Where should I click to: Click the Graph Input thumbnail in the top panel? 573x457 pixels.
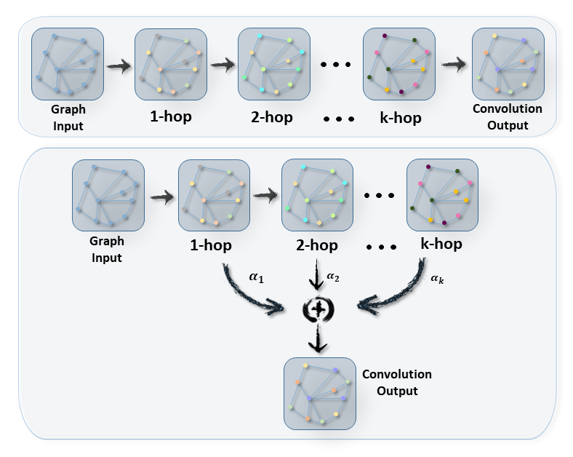point(68,64)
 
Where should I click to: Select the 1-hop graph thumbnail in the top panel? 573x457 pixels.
point(171,64)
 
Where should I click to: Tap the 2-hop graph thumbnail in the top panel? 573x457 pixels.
point(274,64)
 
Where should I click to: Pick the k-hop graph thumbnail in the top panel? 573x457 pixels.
point(399,64)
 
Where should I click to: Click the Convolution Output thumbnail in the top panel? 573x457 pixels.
point(508,64)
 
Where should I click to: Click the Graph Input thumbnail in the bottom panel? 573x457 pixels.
point(108,196)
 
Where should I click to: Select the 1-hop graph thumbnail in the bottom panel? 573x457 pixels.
point(214,196)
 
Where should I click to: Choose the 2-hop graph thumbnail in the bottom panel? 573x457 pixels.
point(317,196)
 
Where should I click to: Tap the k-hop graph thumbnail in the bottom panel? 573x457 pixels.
point(442,196)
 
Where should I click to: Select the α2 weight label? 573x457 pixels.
point(333,276)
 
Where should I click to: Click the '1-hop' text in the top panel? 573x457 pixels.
point(170,116)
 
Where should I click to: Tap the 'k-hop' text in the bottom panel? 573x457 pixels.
point(441,244)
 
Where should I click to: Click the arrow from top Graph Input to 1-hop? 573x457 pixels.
point(119,66)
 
